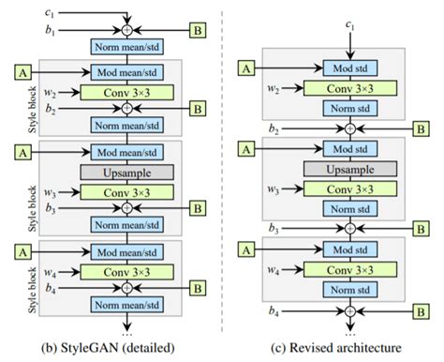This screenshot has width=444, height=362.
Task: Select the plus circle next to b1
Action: [129, 30]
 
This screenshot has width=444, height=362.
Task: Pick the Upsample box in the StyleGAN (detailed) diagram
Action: [129, 173]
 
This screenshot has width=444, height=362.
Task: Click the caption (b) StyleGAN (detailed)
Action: [127, 348]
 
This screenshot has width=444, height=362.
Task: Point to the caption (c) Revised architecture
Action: [348, 348]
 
